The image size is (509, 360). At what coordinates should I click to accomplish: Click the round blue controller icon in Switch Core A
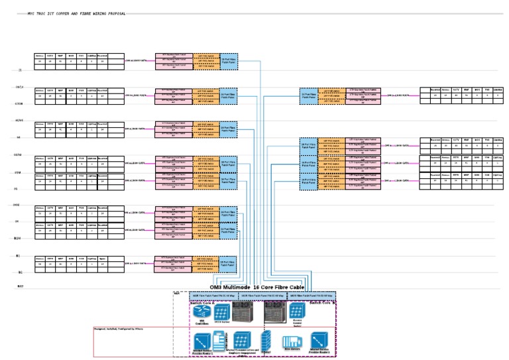click(201, 312)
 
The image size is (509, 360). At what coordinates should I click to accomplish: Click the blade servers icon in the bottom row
click(292, 339)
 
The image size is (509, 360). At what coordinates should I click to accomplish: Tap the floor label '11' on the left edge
click(20, 70)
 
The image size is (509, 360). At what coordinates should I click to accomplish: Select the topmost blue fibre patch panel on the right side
click(308, 95)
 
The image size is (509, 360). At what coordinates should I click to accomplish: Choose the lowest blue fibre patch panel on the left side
click(228, 265)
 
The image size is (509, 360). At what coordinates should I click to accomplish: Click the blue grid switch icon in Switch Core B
click(297, 311)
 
